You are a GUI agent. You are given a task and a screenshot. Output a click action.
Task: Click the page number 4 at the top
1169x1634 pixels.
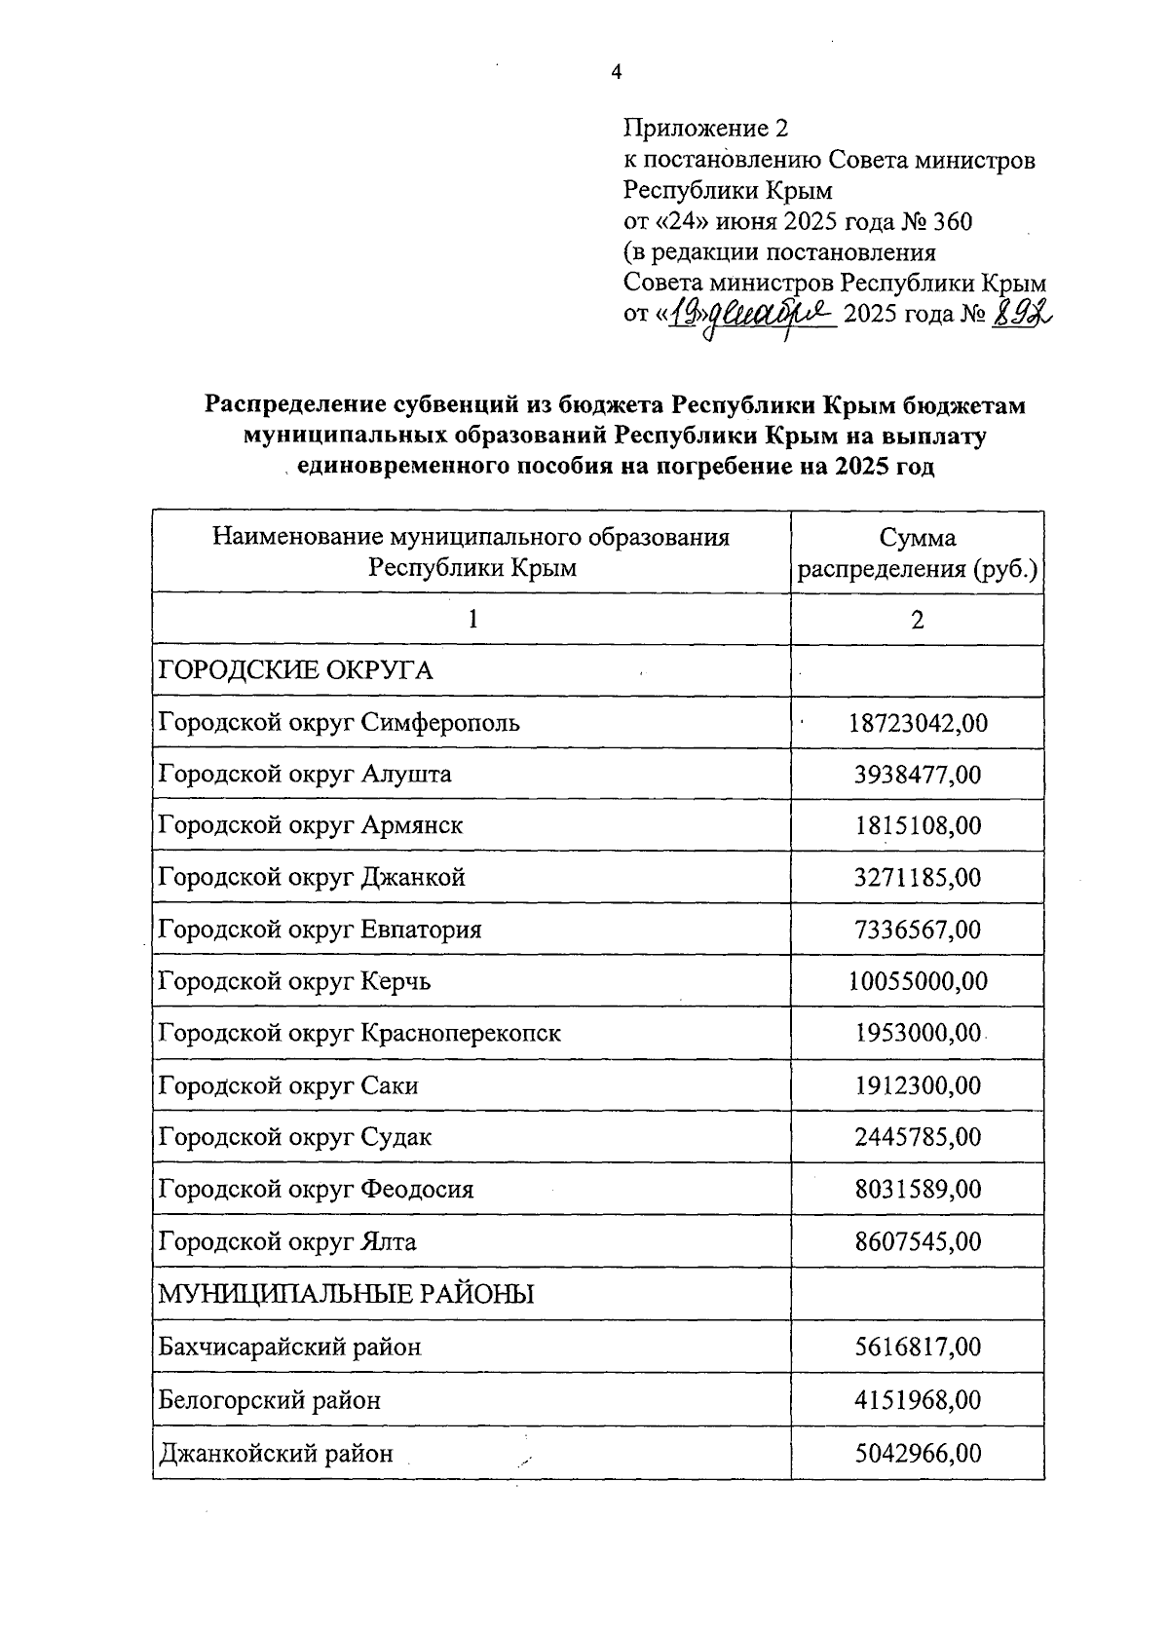(x=615, y=72)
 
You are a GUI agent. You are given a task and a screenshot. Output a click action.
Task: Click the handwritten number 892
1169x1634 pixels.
(x=1022, y=314)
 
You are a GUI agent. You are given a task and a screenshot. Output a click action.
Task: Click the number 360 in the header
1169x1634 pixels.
(x=952, y=222)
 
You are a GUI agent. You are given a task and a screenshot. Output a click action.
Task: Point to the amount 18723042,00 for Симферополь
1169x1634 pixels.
(x=918, y=723)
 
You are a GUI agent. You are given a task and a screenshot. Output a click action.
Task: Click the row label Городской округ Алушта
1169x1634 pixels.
(x=305, y=775)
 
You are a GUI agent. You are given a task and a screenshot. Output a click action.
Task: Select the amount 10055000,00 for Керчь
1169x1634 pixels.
(x=918, y=981)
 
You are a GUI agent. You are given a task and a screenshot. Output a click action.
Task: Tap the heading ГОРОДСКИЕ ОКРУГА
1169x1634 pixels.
(x=295, y=670)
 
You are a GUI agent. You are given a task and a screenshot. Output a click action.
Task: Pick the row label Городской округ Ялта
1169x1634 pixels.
(x=287, y=1242)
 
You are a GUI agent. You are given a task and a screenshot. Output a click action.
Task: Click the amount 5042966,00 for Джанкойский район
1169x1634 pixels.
(x=918, y=1454)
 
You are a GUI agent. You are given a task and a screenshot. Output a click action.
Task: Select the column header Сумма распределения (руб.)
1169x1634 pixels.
(x=917, y=552)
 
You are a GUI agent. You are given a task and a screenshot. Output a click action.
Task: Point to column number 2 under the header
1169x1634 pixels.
(x=917, y=620)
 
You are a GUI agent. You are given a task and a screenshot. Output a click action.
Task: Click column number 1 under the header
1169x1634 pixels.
(x=472, y=620)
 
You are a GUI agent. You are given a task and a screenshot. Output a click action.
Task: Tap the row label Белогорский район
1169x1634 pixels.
(x=270, y=1401)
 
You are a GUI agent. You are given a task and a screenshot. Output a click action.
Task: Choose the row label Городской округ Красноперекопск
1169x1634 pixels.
(x=359, y=1033)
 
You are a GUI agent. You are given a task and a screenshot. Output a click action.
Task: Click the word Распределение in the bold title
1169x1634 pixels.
(x=296, y=404)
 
